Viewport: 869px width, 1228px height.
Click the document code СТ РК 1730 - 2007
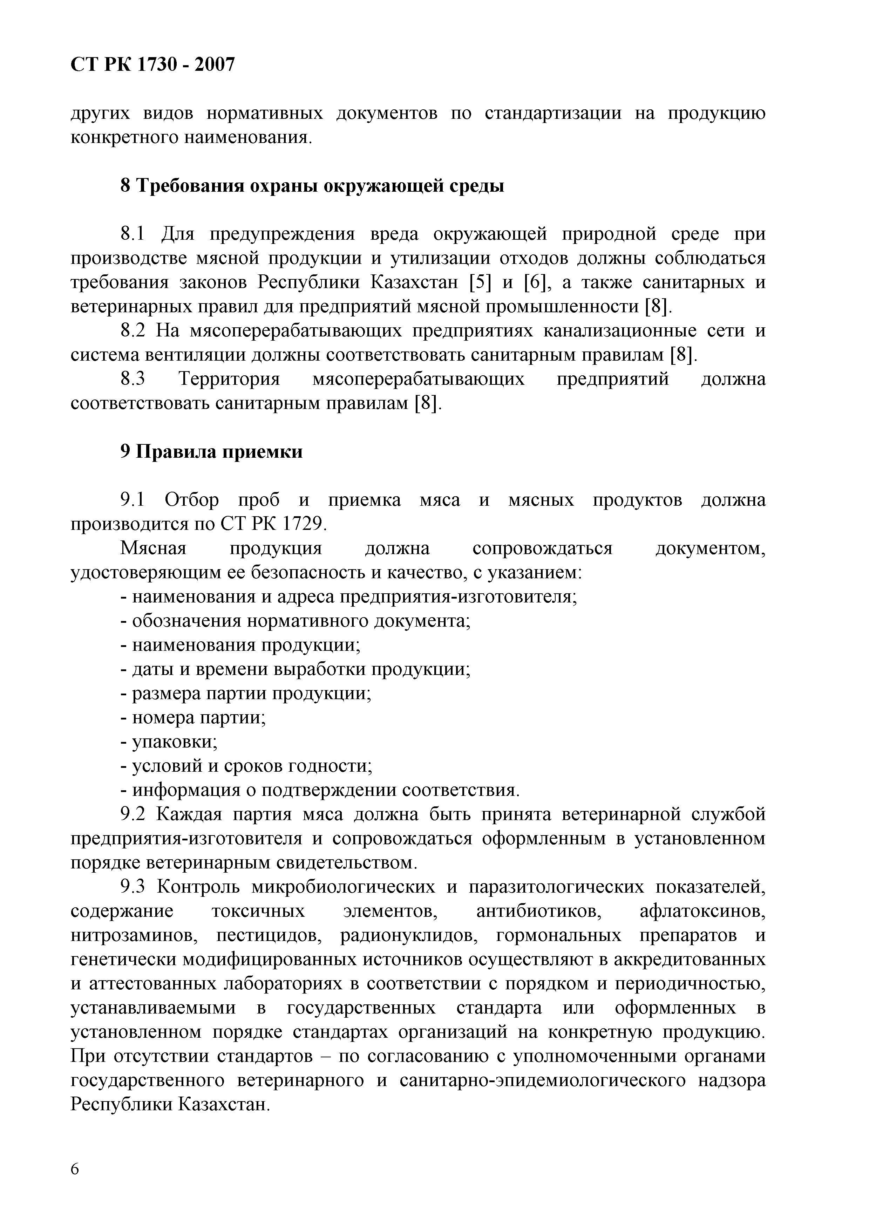[152, 65]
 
